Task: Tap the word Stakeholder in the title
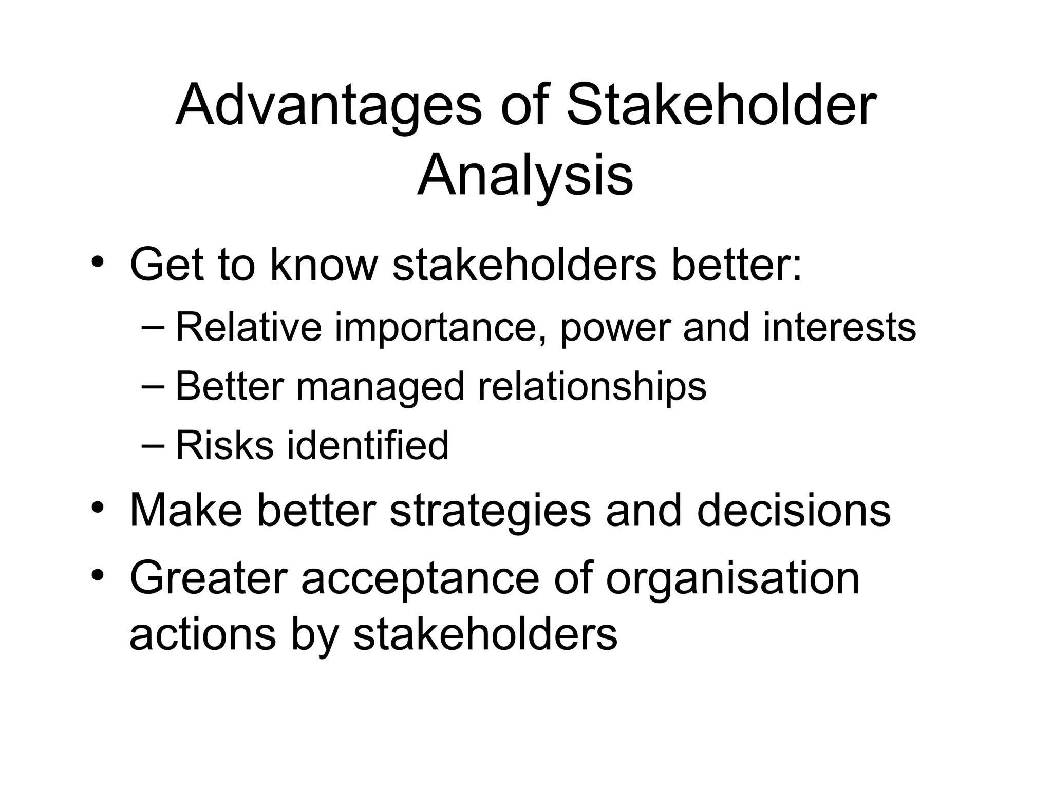721,106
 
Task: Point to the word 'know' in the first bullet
323,265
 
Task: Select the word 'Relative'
249,327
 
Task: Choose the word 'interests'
839,327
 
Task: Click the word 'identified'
367,445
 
